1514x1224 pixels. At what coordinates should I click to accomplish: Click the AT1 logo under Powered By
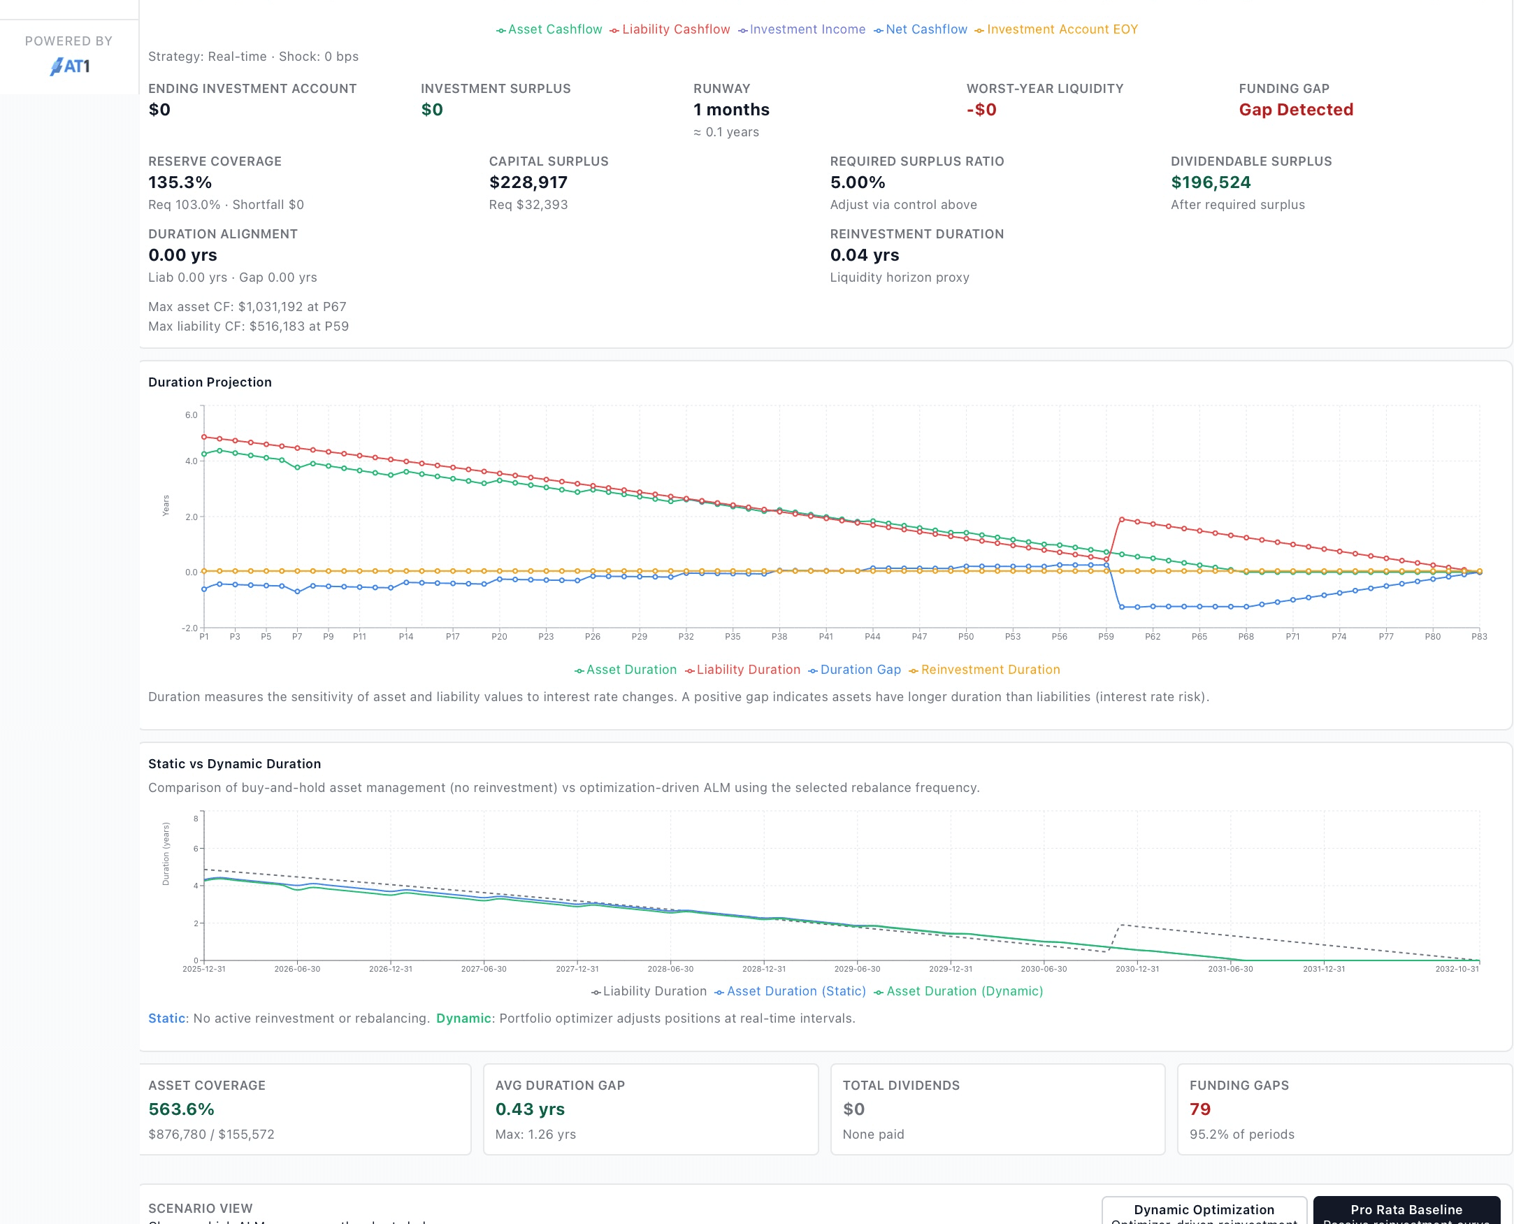click(x=69, y=66)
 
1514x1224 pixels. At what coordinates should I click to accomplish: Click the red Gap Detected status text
click(x=1295, y=110)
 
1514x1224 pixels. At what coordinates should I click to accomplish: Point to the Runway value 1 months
click(x=731, y=110)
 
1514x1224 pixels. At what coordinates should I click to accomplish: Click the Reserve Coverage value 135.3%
click(x=180, y=182)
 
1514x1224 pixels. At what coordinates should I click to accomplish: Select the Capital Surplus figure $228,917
click(x=528, y=182)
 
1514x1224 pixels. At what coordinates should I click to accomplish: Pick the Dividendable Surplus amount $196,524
click(x=1210, y=182)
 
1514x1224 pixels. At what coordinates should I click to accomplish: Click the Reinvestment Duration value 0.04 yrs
click(x=864, y=255)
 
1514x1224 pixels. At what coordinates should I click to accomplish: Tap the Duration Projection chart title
click(x=209, y=382)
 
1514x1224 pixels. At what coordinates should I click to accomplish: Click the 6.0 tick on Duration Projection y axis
click(x=191, y=415)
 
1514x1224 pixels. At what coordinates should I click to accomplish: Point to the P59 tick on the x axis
click(x=1105, y=637)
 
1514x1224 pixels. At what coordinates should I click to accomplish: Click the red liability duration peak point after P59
click(x=1121, y=519)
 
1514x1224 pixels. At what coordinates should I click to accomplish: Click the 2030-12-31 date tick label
click(x=1137, y=970)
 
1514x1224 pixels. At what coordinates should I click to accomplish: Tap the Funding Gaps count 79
click(x=1199, y=1109)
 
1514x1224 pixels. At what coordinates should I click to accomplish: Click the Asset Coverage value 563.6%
click(x=181, y=1109)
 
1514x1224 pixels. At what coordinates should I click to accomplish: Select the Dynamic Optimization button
click(x=1203, y=1210)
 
